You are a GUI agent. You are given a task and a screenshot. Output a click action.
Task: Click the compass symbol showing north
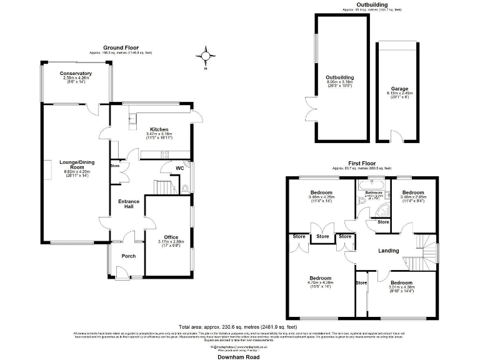click(x=205, y=56)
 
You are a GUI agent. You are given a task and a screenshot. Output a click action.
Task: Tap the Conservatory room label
click(x=76, y=74)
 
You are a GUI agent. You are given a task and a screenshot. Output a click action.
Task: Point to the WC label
click(x=179, y=167)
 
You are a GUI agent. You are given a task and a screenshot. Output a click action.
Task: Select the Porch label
click(x=128, y=256)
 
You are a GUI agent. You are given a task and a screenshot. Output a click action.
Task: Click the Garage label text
click(x=399, y=89)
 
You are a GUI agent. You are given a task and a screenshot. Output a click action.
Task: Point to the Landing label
click(x=389, y=251)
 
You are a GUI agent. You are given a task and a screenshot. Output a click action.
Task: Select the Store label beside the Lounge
click(x=115, y=166)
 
